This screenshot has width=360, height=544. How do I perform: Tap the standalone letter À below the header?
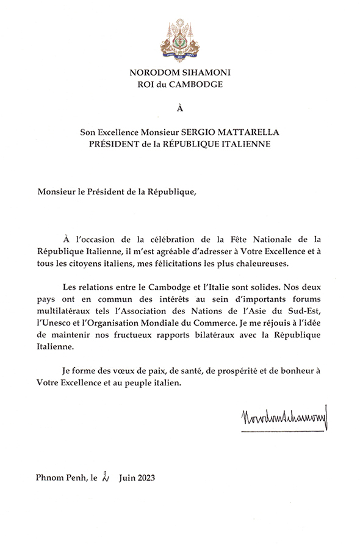coord(179,109)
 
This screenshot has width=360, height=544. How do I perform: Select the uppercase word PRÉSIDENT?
coord(113,144)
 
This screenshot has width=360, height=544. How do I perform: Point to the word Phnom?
coord(49,478)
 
